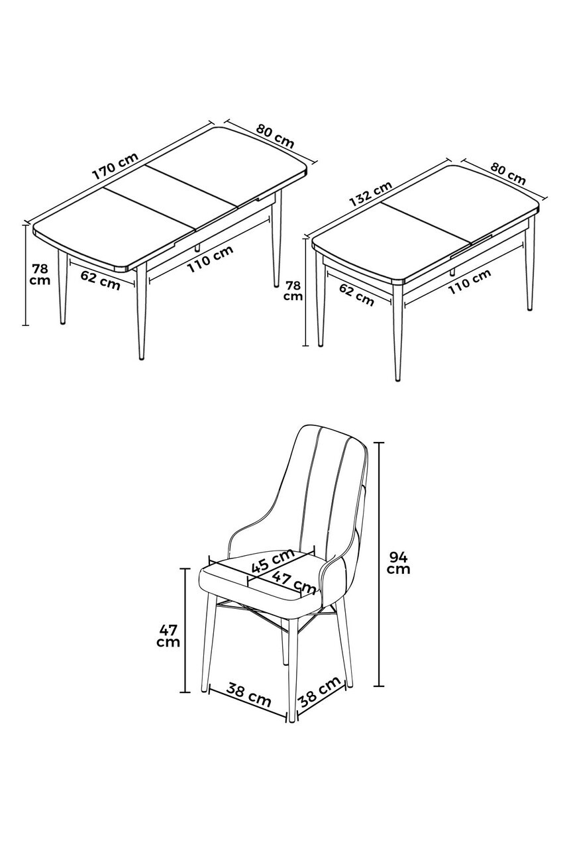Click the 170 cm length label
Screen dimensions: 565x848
pyautogui.click(x=116, y=167)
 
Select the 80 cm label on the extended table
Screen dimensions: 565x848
pyautogui.click(x=275, y=136)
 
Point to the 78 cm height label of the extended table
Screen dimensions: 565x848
pyautogui.click(x=40, y=274)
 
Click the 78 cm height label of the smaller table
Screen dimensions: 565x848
pyautogui.click(x=293, y=290)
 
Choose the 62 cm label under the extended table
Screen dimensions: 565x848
pyautogui.click(x=100, y=280)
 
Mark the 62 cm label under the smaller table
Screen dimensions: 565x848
pyautogui.click(x=356, y=295)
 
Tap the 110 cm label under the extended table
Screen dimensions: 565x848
pyautogui.click(x=210, y=259)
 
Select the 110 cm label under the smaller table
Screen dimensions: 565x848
pyautogui.click(x=469, y=282)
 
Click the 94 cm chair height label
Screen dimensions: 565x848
pyautogui.click(x=398, y=562)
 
